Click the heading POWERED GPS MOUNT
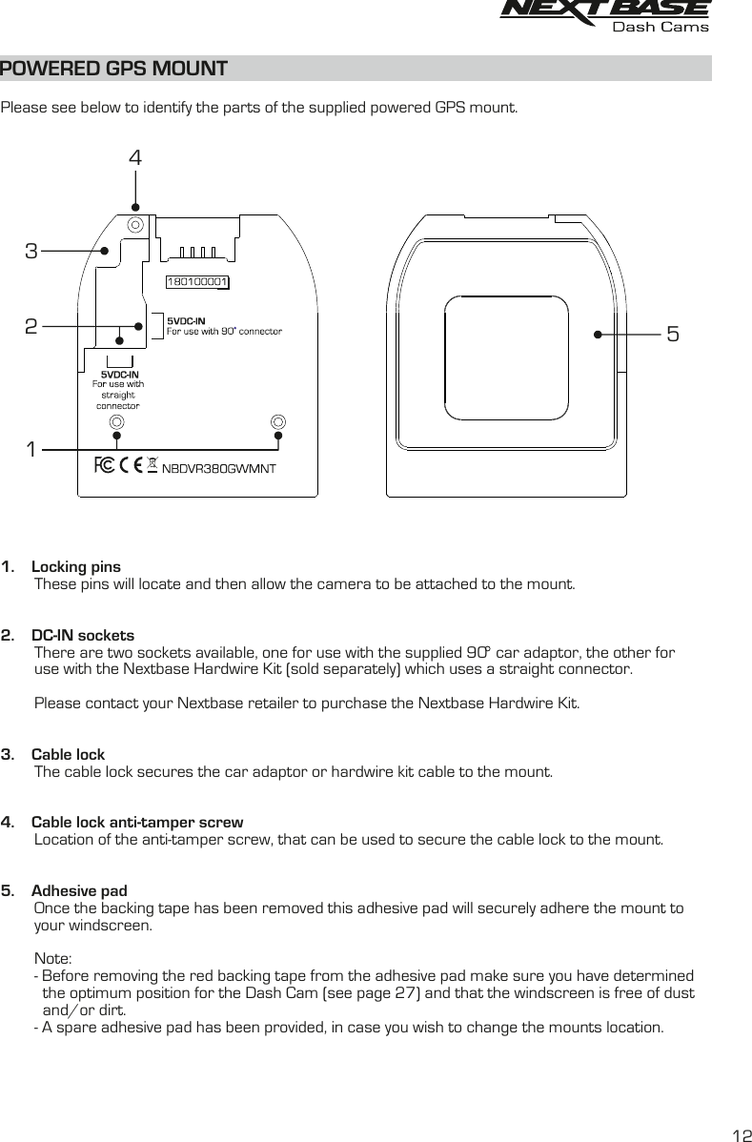[x=114, y=69]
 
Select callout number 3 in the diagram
[x=31, y=252]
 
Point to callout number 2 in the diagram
[x=31, y=327]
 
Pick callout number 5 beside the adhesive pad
[x=673, y=335]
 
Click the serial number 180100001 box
[x=198, y=282]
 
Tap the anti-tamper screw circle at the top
[x=135, y=225]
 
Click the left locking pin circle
[x=116, y=421]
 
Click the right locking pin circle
[x=278, y=421]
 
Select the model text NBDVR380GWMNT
[x=218, y=468]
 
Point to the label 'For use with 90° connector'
[x=224, y=332]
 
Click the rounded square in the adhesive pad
[x=506, y=357]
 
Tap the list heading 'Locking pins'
[x=76, y=567]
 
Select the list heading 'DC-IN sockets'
[x=83, y=636]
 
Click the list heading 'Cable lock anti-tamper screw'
[x=137, y=822]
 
